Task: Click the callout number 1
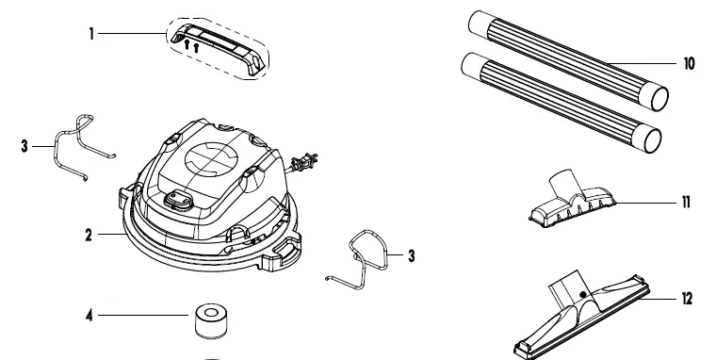click(x=91, y=32)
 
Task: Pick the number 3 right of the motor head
click(x=410, y=254)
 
